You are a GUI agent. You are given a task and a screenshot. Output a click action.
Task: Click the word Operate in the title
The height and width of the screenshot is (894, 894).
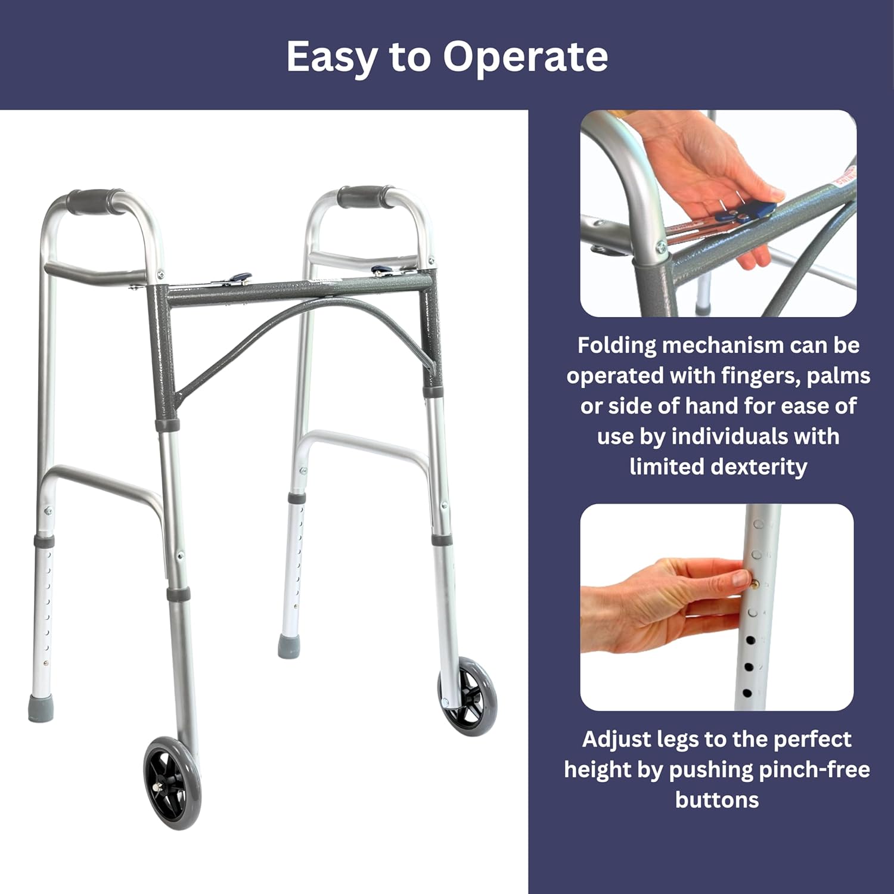click(x=524, y=57)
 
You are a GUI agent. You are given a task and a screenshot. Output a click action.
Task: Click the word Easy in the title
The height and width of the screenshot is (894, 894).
click(x=331, y=57)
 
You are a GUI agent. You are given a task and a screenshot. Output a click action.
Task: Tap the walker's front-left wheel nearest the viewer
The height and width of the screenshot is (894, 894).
click(x=172, y=783)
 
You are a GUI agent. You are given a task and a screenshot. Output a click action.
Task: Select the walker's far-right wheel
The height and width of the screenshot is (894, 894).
click(x=468, y=696)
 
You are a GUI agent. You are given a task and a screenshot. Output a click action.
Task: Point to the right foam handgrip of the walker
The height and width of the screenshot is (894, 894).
click(x=362, y=197)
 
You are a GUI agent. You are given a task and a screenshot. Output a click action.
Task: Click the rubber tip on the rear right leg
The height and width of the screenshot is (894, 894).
click(x=288, y=646)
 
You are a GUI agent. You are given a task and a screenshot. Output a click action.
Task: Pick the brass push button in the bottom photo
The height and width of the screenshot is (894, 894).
click(x=755, y=584)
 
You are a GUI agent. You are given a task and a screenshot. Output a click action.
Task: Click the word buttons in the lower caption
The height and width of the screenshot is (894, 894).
click(x=717, y=800)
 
